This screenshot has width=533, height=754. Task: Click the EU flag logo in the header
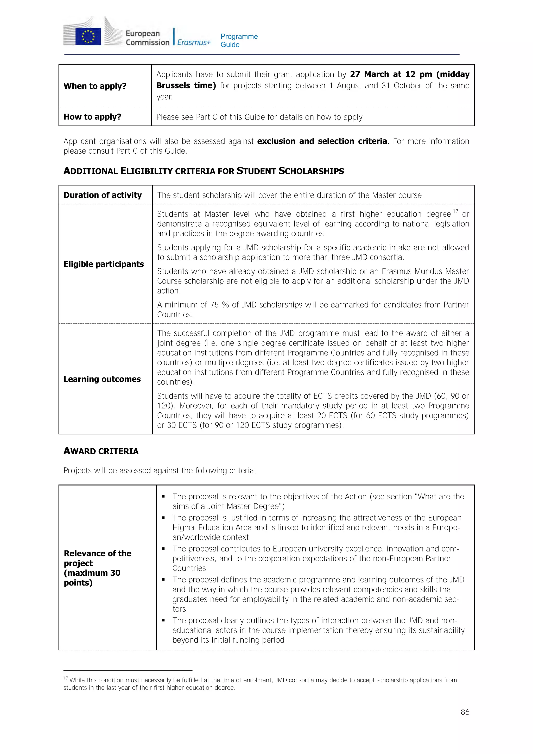click(x=88, y=36)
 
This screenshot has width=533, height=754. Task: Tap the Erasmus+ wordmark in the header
click(x=194, y=42)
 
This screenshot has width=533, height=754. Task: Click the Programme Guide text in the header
click(x=239, y=40)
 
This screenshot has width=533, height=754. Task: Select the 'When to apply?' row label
click(x=95, y=86)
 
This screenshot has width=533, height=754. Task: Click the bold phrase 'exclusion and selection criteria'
click(x=322, y=141)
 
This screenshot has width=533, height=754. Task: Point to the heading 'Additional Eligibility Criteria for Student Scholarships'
click(x=204, y=171)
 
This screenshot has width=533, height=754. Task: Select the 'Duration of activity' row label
click(x=102, y=195)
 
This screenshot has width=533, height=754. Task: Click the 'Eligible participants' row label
click(x=103, y=264)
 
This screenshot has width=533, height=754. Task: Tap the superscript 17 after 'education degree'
click(x=455, y=211)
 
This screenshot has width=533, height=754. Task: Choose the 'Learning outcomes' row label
click(x=102, y=379)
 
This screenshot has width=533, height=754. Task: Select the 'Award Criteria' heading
click(x=101, y=451)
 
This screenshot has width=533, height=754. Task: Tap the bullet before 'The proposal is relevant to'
click(x=163, y=497)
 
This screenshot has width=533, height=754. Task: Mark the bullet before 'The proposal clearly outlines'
click(x=163, y=621)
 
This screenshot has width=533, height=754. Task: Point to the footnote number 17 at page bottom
click(x=65, y=678)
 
